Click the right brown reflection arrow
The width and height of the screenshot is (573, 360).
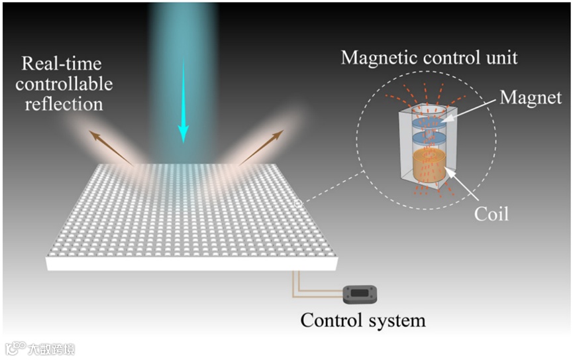tap(261, 147)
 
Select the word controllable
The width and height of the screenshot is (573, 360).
tap(64, 84)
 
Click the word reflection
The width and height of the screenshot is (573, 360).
tap(64, 104)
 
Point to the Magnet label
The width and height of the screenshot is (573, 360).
tap(531, 98)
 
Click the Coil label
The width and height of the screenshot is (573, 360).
tap(491, 214)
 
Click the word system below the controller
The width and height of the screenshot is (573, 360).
tap(395, 322)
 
